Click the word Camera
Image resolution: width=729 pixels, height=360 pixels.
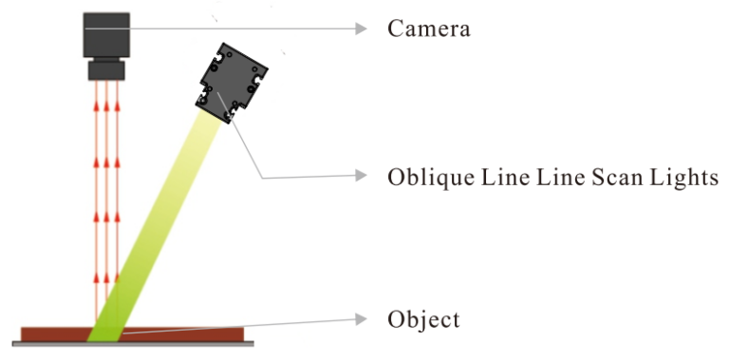[429, 28]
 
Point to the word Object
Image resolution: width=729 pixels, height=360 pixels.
[423, 319]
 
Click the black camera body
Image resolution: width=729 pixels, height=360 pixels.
[104, 37]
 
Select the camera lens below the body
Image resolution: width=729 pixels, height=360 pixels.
[104, 70]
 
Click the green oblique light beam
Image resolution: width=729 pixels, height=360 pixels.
[161, 228]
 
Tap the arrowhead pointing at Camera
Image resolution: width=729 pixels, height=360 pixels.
[361, 28]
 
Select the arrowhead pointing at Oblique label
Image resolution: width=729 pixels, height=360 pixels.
[361, 177]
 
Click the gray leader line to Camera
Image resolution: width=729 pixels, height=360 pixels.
[247, 28]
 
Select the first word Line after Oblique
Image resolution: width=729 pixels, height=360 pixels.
[512, 177]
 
